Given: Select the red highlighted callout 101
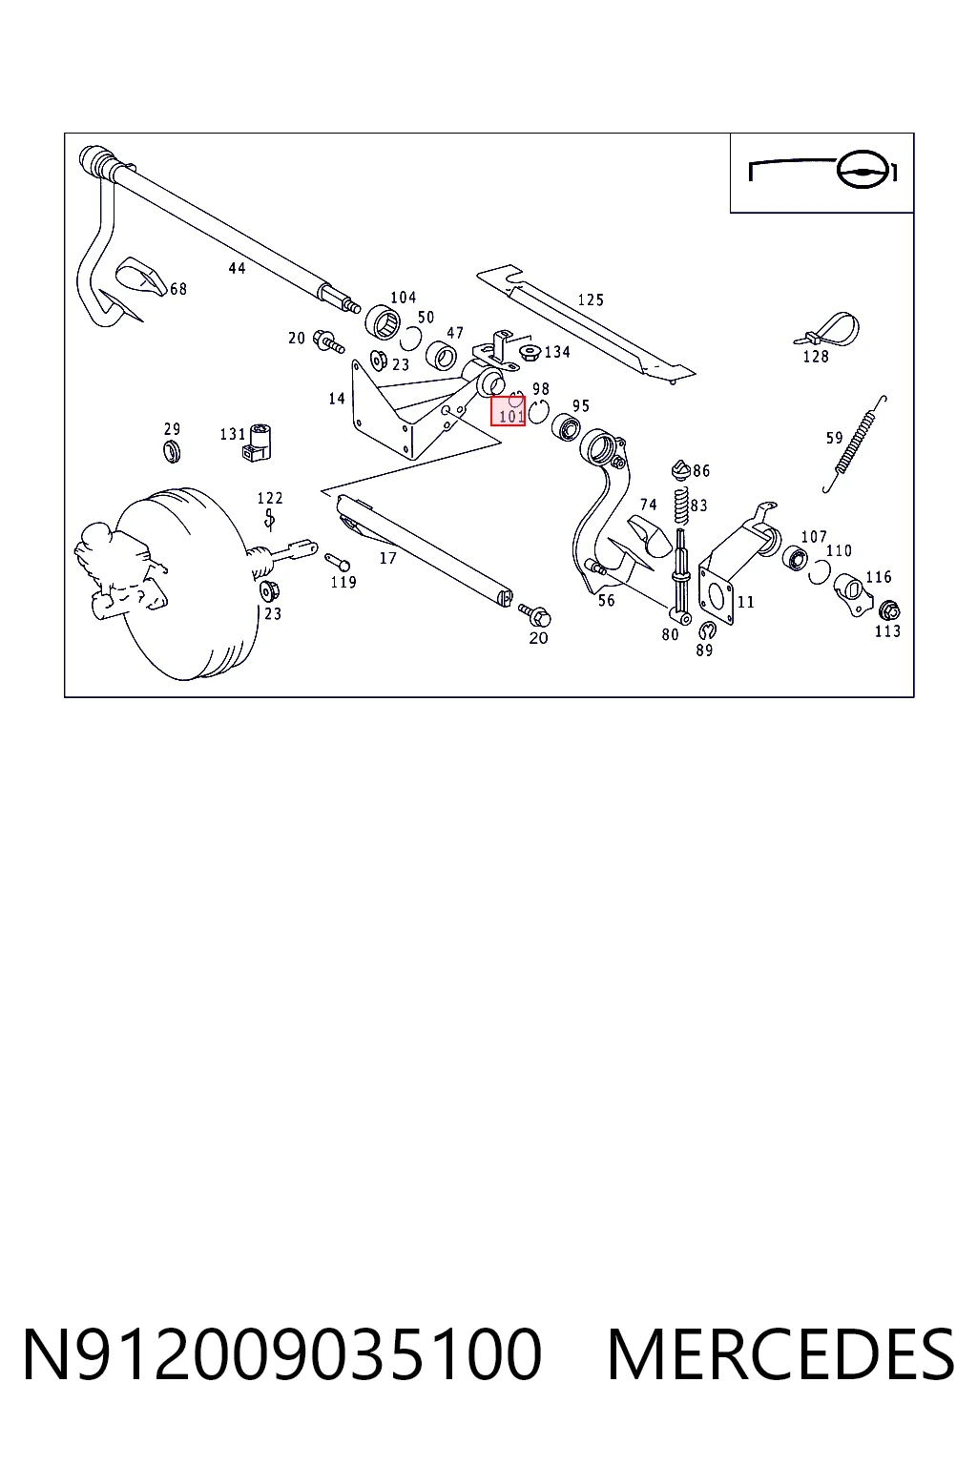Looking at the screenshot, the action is [509, 411].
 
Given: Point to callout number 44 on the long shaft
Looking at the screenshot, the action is [237, 267].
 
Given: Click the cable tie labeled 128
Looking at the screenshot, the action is [829, 330].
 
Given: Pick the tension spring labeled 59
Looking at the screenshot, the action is [855, 444].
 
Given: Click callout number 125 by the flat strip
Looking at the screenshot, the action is [591, 299].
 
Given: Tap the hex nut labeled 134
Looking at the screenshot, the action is [530, 352].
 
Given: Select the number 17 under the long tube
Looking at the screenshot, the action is [388, 558].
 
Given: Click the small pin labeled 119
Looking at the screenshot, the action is [338, 561].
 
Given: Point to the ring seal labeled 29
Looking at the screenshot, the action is [172, 451].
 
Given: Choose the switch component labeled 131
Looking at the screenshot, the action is [258, 443].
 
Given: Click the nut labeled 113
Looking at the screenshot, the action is [888, 610].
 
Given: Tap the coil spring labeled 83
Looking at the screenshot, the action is [681, 506].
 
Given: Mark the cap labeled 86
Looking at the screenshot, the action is [681, 469].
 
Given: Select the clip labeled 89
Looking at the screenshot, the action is [707, 630].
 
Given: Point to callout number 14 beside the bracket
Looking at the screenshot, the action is [337, 399].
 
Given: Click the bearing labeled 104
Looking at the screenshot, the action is [383, 322].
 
